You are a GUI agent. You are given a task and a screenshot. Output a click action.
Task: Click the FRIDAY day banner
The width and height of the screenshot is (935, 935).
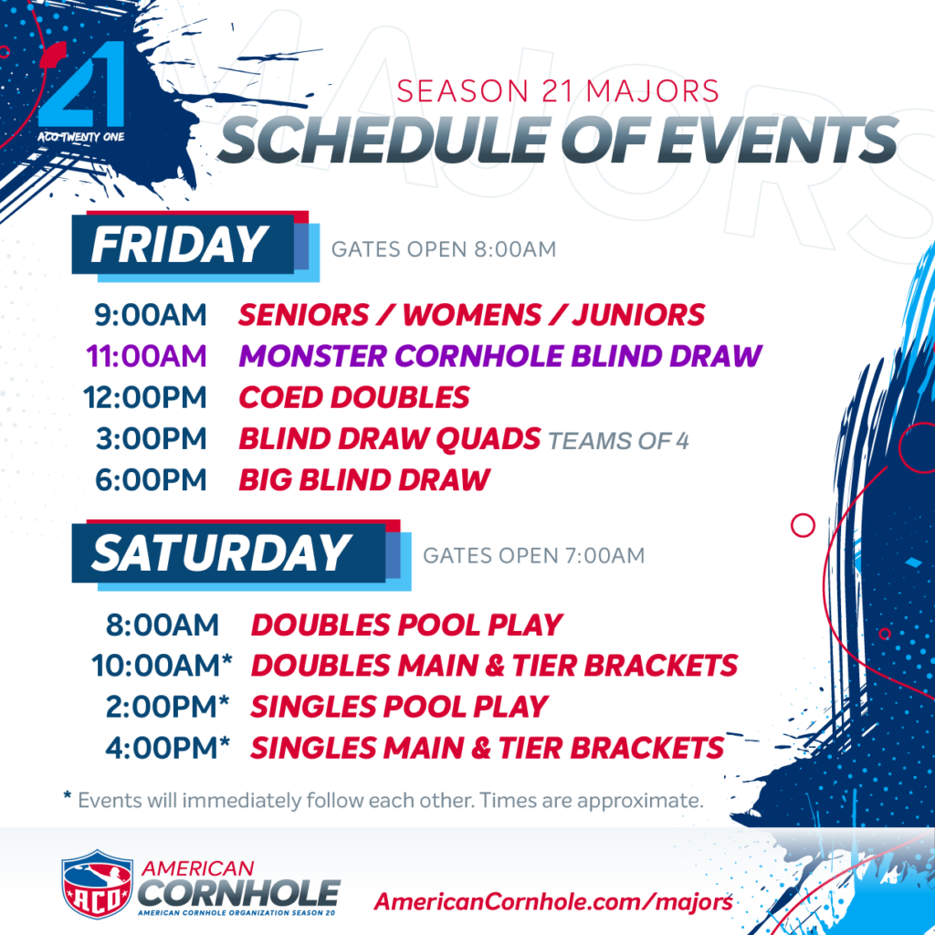[195, 246]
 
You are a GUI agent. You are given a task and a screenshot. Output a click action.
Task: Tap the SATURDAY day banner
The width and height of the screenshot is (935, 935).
[241, 554]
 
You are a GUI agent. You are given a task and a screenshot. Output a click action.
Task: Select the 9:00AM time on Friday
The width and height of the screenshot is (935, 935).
[151, 315]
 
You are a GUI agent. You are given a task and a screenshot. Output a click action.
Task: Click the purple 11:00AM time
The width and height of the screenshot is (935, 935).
[147, 356]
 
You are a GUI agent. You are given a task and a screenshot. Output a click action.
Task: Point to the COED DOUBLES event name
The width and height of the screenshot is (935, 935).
[354, 397]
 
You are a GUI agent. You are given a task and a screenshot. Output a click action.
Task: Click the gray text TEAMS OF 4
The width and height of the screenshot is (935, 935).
[618, 441]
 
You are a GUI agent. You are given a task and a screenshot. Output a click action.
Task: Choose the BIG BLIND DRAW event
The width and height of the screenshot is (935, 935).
[364, 480]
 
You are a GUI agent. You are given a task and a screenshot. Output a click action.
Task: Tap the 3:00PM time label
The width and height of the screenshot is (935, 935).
[152, 439]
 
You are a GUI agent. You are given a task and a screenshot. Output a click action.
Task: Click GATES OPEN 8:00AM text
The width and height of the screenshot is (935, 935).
[444, 249]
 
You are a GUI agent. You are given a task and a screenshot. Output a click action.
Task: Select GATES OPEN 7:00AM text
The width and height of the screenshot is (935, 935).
[533, 556]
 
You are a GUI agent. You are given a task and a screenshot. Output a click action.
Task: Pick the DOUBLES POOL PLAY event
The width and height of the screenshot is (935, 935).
[406, 625]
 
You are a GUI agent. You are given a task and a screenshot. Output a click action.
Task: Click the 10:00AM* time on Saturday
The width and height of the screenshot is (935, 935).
[162, 666]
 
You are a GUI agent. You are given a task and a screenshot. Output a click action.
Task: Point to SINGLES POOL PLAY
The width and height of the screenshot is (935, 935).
[400, 707]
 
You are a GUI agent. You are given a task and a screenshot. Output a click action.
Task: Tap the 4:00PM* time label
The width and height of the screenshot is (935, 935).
[168, 748]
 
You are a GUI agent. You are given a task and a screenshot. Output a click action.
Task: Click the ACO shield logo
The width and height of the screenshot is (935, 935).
[97, 884]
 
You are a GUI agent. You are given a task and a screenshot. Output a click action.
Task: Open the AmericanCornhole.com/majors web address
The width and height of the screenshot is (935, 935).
[553, 901]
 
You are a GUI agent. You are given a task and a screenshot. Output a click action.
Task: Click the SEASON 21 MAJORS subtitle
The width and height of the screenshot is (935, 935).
[558, 91]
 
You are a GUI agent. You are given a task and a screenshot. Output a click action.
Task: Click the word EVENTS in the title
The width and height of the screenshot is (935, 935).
[777, 140]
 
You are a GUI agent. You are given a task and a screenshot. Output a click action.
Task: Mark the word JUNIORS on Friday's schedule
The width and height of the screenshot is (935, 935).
[638, 315]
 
